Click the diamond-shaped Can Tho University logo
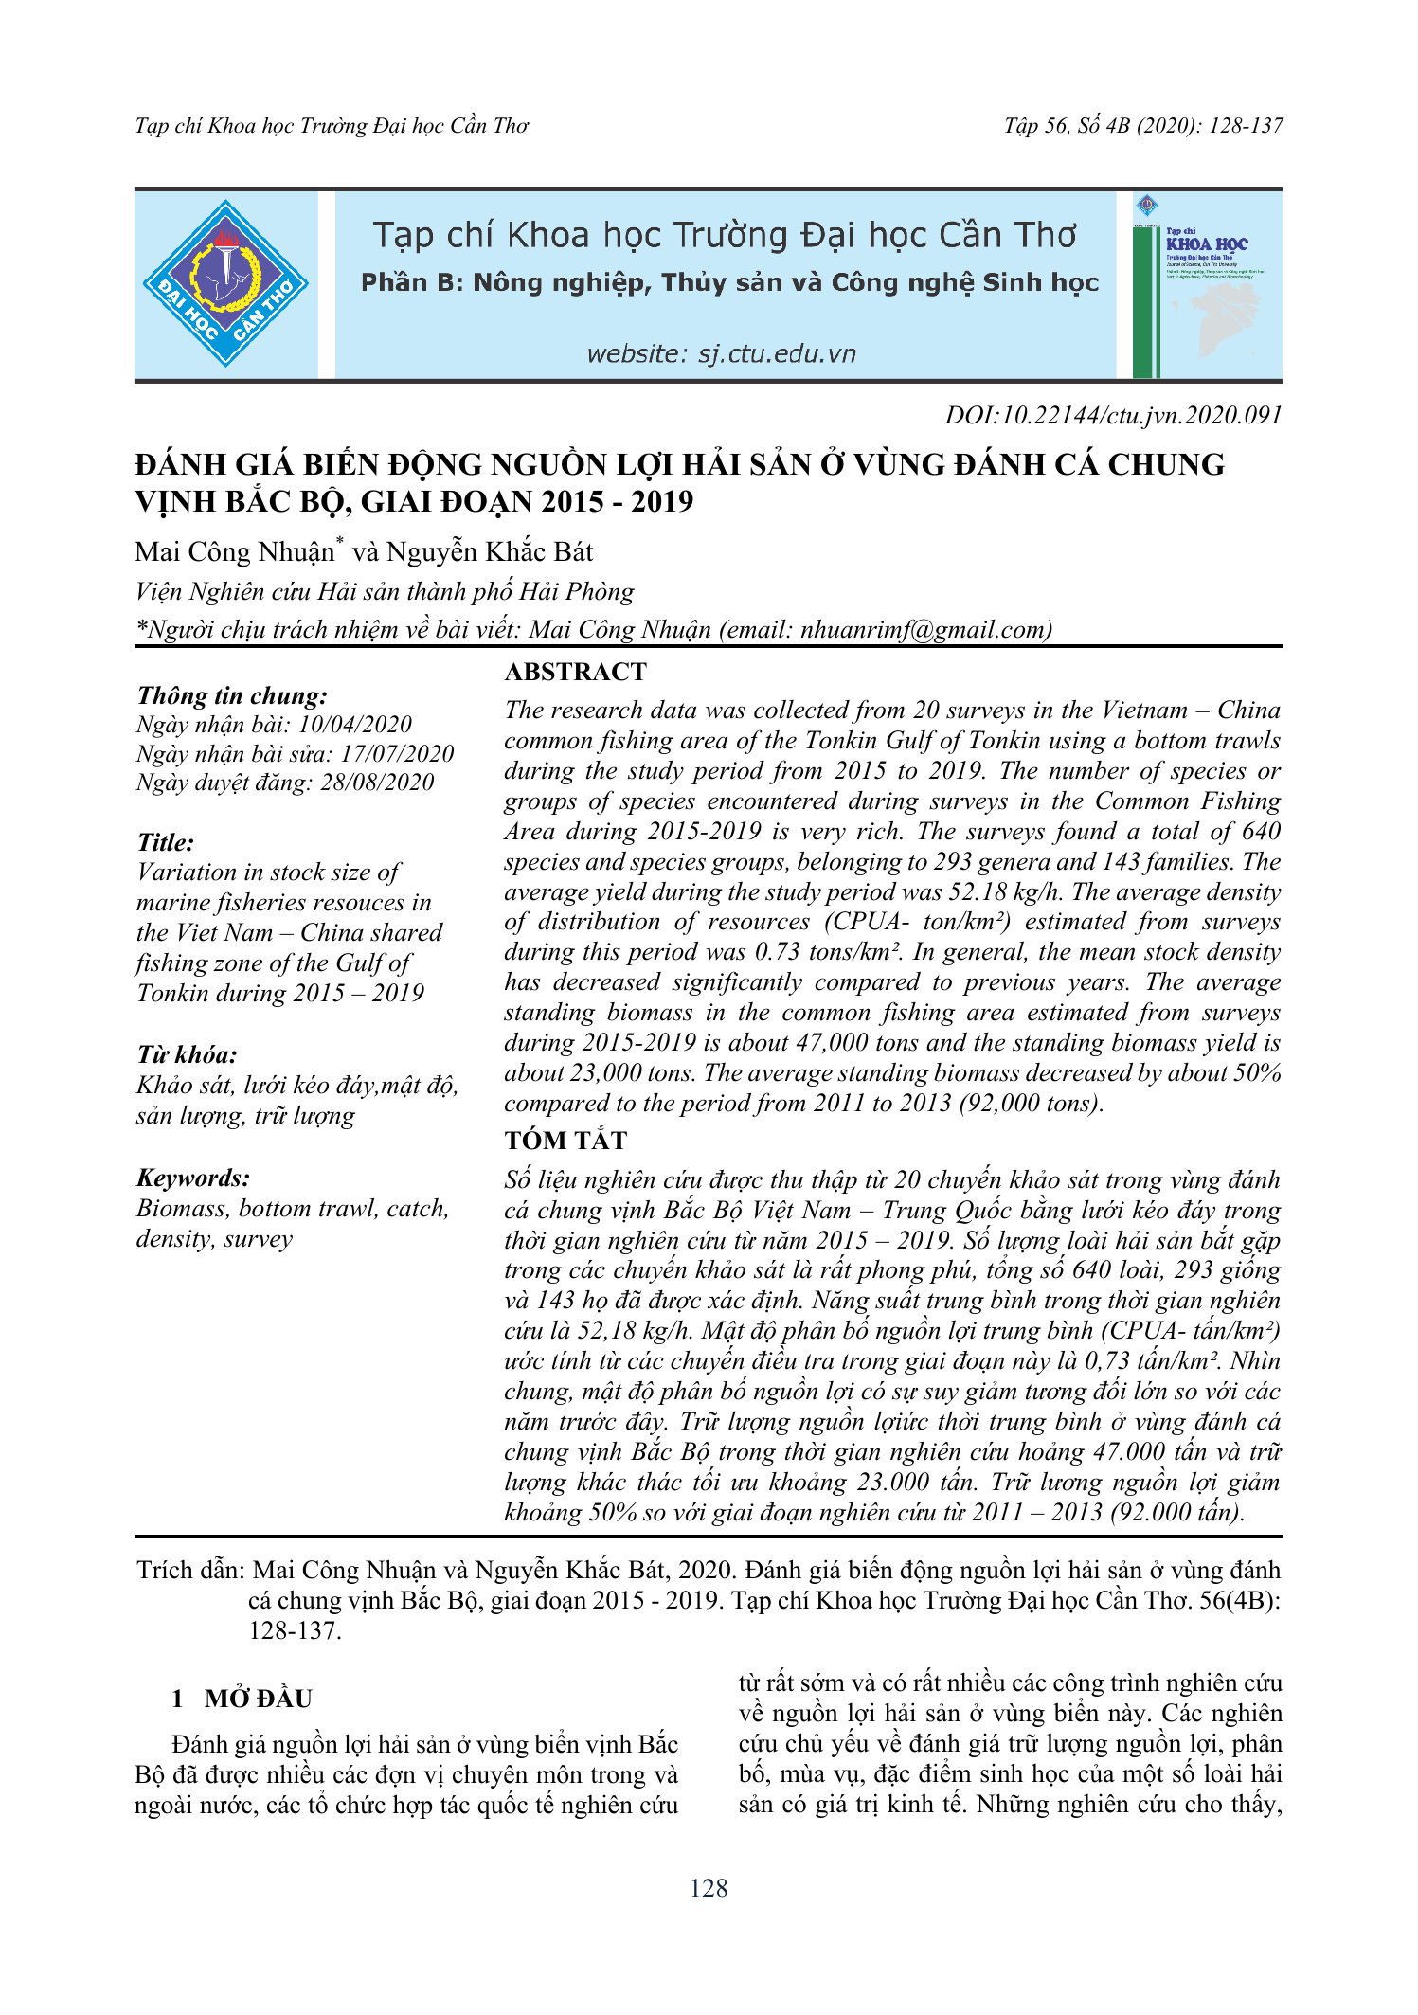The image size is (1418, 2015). click(225, 283)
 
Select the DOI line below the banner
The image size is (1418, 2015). click(1113, 415)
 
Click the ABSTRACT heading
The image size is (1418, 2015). click(575, 672)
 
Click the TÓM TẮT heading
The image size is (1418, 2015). click(565, 1141)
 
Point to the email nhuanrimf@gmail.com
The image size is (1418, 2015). click(925, 630)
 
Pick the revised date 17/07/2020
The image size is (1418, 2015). click(397, 754)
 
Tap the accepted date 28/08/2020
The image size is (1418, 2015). click(377, 783)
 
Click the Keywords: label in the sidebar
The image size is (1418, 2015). click(193, 1178)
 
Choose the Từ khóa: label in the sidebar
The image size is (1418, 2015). click(187, 1055)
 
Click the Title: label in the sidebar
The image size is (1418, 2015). click(166, 842)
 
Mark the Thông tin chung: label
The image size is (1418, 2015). click(232, 696)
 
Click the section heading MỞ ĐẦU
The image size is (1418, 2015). click(258, 1699)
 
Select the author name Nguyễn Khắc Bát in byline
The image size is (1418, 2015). click(490, 552)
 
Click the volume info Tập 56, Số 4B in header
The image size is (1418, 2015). click(1067, 126)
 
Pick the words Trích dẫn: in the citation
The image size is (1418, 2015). click(191, 1571)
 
